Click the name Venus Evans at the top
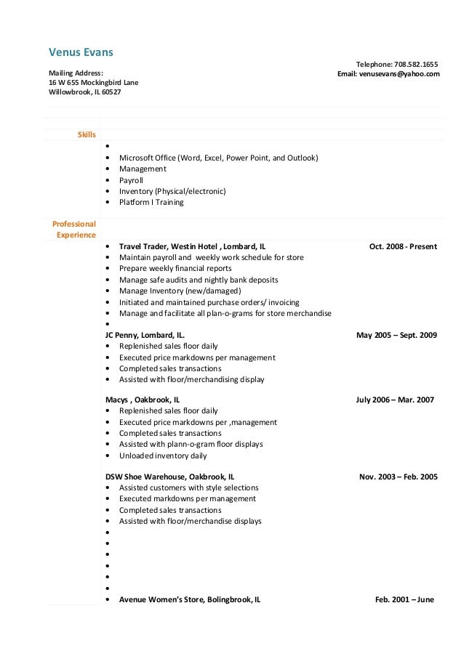pyautogui.click(x=81, y=52)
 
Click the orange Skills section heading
pyautogui.click(x=87, y=134)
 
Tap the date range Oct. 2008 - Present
pyautogui.click(x=403, y=246)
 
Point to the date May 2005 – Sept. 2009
pyautogui.click(x=396, y=336)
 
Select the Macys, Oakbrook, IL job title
pyautogui.click(x=143, y=400)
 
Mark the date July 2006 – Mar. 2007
pyautogui.click(x=395, y=400)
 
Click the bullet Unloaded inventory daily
pyautogui.click(x=163, y=455)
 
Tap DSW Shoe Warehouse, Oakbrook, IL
pyautogui.click(x=170, y=477)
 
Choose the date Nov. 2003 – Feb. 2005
pyautogui.click(x=399, y=477)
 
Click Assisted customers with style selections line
pyautogui.click(x=188, y=487)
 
